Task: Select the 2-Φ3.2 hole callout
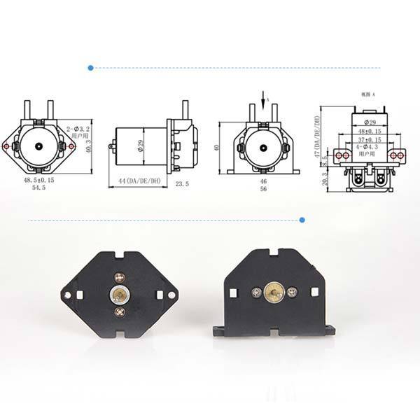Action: pyautogui.click(x=79, y=129)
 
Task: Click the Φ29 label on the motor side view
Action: pyautogui.click(x=140, y=146)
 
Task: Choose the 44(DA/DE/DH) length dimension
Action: pyautogui.click(x=135, y=182)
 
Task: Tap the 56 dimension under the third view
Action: pyautogui.click(x=263, y=189)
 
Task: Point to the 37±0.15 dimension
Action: pyautogui.click(x=368, y=139)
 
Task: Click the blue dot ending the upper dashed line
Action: pyautogui.click(x=90, y=68)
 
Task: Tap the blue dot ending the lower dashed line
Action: pyautogui.click(x=302, y=220)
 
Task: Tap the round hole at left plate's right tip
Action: pyautogui.click(x=170, y=295)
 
